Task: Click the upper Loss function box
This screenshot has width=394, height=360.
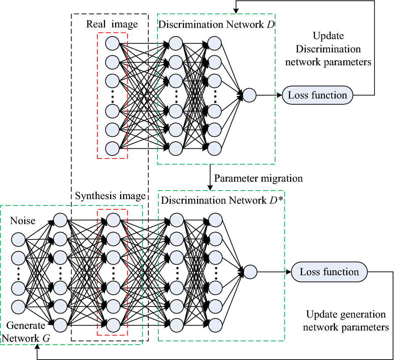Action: click(318, 95)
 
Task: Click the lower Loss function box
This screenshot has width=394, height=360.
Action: click(329, 272)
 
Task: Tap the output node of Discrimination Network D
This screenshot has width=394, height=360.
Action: click(249, 95)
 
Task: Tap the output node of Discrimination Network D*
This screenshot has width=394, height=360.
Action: click(250, 272)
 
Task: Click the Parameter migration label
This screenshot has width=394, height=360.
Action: click(258, 178)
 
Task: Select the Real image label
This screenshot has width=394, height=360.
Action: click(112, 24)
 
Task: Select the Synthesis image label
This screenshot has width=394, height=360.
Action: click(110, 195)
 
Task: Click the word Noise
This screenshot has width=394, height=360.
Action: click(22, 221)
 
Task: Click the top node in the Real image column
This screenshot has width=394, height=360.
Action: click(112, 43)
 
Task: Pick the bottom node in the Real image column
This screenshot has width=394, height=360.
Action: click(112, 148)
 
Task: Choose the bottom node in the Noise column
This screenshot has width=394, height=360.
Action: click(18, 306)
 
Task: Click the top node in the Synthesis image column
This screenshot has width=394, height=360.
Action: click(113, 219)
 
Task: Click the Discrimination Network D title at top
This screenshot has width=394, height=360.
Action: click(216, 24)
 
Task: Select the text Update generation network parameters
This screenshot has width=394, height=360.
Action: click(346, 321)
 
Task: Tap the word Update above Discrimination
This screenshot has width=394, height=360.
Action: click(328, 36)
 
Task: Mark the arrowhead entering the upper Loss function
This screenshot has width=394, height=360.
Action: click(279, 95)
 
